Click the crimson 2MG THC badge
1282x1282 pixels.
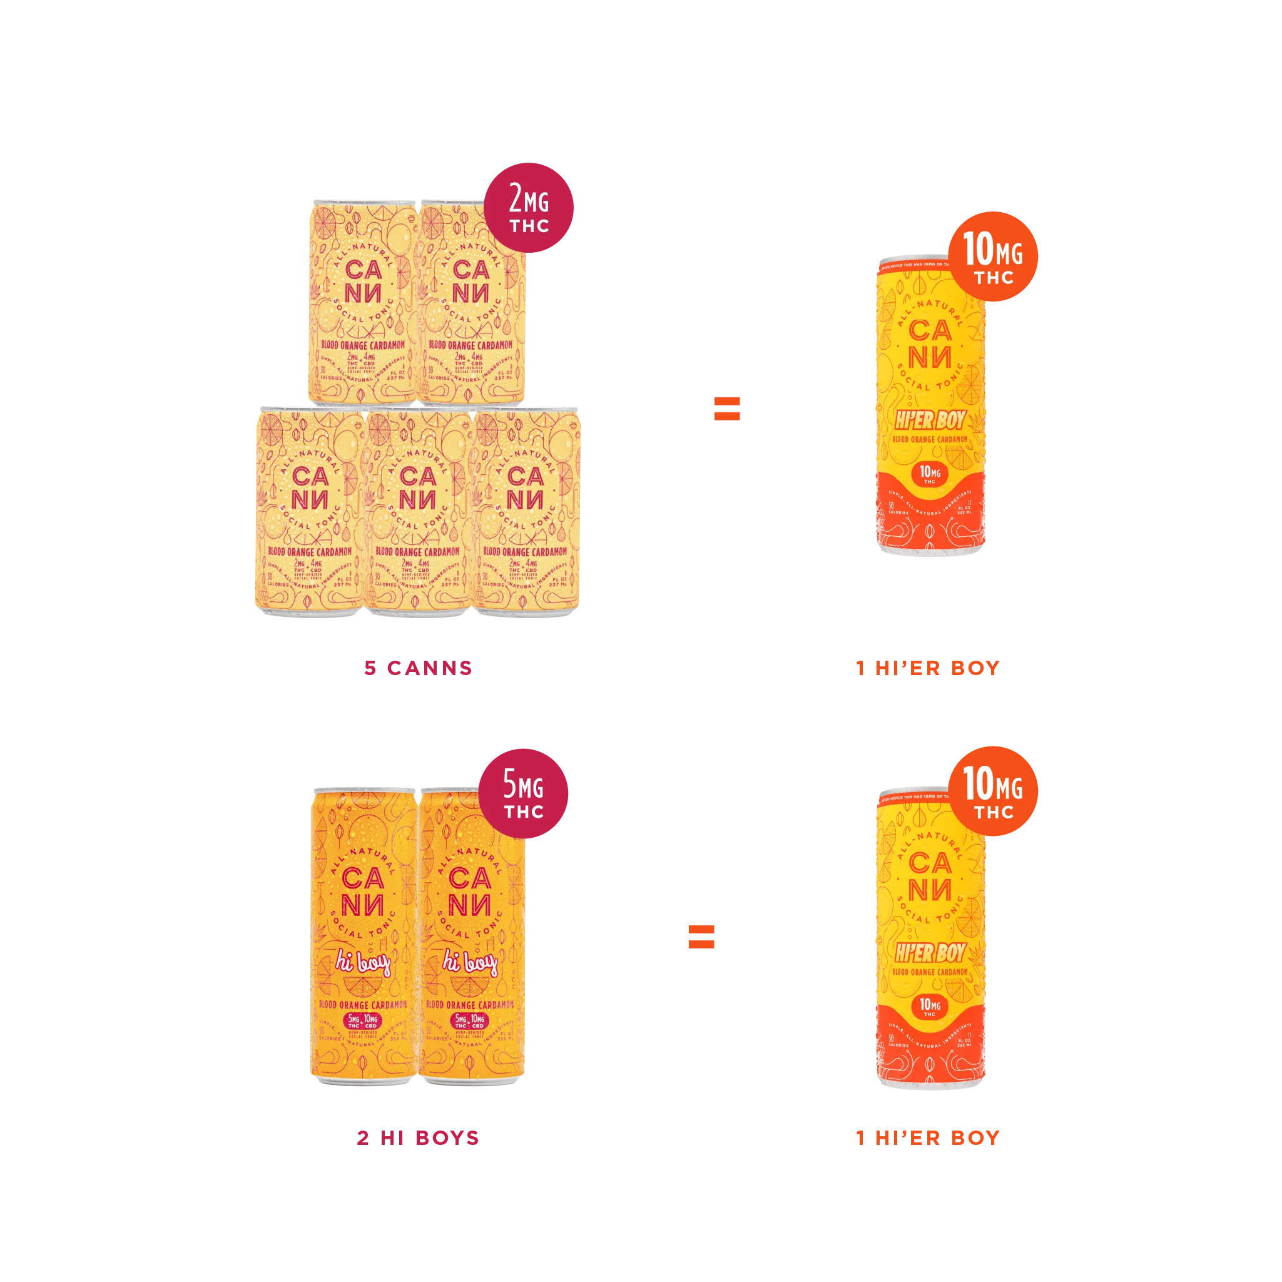click(x=529, y=207)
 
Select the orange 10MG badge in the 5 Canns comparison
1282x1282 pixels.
click(x=993, y=257)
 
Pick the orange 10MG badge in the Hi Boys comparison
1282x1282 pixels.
click(x=993, y=790)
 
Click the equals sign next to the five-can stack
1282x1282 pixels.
click(x=725, y=408)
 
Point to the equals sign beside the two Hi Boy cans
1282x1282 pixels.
click(x=701, y=935)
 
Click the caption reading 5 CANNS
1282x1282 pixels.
click(x=418, y=668)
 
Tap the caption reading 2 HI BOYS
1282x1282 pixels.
click(x=418, y=1137)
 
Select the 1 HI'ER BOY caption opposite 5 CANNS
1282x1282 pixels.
click(x=928, y=668)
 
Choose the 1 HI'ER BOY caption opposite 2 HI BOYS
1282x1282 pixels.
click(x=928, y=1137)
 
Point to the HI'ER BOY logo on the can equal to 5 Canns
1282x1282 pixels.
click(x=930, y=420)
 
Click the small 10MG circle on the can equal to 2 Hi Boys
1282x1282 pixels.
click(x=930, y=1006)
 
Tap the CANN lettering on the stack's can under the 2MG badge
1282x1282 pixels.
click(x=471, y=282)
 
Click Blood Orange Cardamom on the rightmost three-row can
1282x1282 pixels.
click(x=525, y=551)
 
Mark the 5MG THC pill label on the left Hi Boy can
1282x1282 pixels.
click(x=362, y=1021)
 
